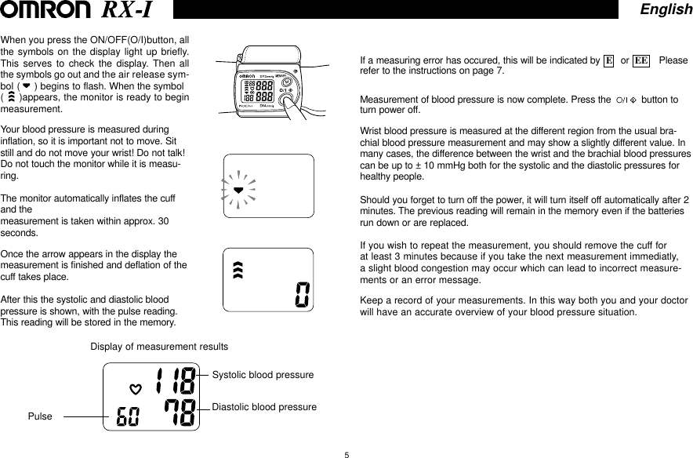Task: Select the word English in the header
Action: [665, 9]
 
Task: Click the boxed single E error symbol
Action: [608, 60]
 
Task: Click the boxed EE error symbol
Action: [640, 60]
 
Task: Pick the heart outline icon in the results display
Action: [135, 387]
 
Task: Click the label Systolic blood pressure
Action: [263, 375]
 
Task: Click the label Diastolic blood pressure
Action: [264, 407]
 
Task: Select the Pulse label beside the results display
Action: [40, 416]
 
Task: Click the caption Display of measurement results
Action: [159, 346]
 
